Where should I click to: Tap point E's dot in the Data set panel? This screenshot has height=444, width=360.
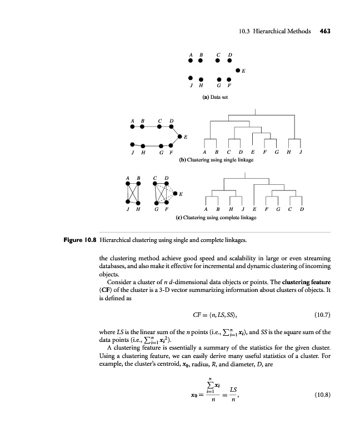click(x=238, y=70)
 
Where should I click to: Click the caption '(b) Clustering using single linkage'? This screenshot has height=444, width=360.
click(x=216, y=160)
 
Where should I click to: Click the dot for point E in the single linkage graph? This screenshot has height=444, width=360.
click(x=179, y=135)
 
